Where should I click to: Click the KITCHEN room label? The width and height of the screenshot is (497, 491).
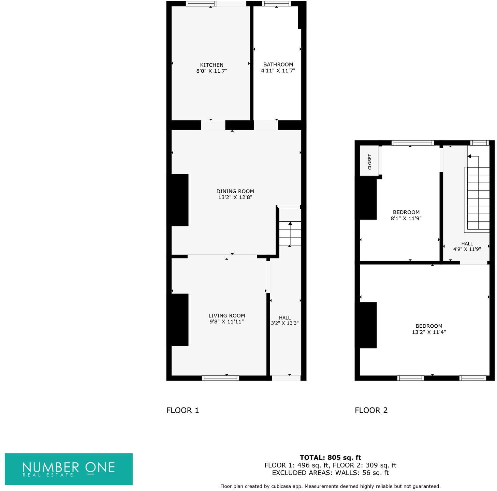[x=211, y=65]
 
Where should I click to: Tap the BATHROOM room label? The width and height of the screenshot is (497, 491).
[x=278, y=64]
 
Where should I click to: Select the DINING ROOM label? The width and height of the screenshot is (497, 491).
[x=235, y=191]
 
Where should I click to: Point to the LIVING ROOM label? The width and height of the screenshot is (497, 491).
[x=226, y=316]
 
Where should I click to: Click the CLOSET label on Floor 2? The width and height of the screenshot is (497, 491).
[x=369, y=162]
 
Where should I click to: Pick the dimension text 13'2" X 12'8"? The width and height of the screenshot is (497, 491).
[x=235, y=197]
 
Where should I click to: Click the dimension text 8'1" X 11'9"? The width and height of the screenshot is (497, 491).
[x=406, y=219]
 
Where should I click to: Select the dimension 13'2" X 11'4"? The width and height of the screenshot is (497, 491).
[x=429, y=332]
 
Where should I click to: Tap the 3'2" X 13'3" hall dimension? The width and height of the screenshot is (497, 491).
[x=284, y=323]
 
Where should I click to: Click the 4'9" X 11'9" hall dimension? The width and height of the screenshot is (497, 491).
[x=467, y=249]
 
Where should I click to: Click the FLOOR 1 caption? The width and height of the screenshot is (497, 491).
[x=182, y=410]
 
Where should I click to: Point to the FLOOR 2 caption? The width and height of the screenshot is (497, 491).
[x=371, y=410]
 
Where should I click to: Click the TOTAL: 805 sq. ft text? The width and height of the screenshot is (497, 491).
[x=330, y=458]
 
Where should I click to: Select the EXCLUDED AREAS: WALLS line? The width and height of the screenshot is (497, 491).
[x=330, y=473]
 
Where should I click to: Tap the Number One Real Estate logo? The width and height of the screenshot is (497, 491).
[x=69, y=469]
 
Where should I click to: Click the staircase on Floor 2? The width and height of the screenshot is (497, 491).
[x=478, y=198]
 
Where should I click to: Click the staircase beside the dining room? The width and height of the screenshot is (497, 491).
[x=290, y=234]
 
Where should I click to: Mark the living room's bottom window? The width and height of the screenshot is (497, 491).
[x=220, y=378]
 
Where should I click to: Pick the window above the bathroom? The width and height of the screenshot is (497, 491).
[x=276, y=4]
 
